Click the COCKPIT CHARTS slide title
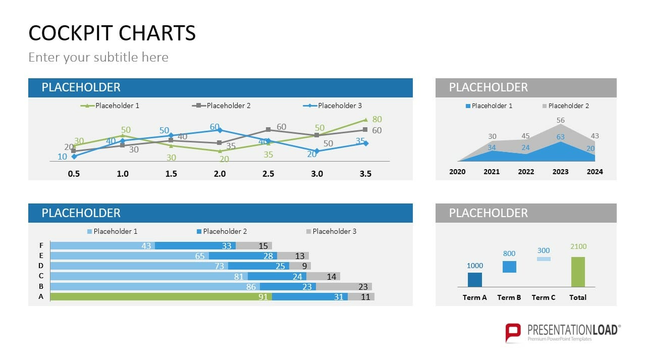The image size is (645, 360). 112,33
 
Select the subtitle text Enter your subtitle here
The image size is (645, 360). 98,57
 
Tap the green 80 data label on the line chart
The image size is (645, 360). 377,120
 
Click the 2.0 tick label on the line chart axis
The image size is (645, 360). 220,174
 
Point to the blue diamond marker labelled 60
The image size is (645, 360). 220,130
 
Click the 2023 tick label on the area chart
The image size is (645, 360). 560,172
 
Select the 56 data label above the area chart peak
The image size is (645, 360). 560,120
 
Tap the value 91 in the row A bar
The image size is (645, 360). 263,297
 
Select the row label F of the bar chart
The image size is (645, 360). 41,245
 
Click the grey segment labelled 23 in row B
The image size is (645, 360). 344,286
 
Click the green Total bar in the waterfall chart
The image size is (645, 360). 578,272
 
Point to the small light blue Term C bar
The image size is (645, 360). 544,259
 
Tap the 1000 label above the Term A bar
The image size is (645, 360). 474,266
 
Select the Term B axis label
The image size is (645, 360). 509,297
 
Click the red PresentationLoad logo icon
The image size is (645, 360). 513,332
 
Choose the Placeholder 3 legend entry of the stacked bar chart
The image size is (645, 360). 334,231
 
